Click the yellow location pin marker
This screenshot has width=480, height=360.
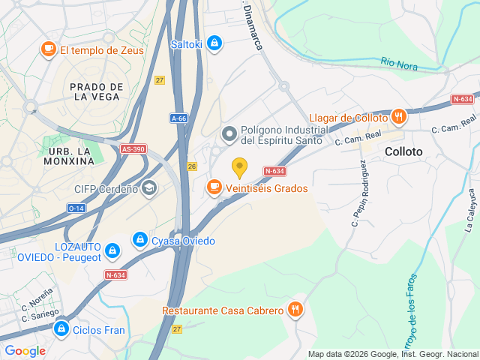pos(239,167)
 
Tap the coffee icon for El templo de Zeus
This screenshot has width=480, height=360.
pos(49,49)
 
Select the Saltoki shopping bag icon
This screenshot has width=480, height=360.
pos(215,43)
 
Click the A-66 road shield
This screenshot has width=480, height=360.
pos(178,118)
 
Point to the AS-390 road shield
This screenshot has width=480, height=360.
pos(133,149)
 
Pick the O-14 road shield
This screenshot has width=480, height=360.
pos(76,208)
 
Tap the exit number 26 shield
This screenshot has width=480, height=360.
pos(192,166)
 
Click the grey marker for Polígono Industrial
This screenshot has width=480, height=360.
pos(229,134)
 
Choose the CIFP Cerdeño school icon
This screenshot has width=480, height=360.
pos(149,188)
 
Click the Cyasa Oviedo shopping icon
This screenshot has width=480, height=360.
pos(139,240)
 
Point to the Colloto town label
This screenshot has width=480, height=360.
pos(403,151)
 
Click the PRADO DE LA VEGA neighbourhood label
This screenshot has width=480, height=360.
pos(96,91)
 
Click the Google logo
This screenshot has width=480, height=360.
pos(25,350)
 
